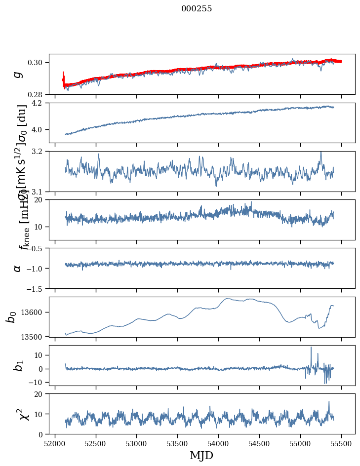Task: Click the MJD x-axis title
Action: (201, 455)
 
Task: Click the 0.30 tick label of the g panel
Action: (38, 62)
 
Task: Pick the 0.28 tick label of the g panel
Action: (38, 94)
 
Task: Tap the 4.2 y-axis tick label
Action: (40, 103)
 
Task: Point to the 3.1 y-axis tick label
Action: (40, 192)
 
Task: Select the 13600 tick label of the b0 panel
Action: (35, 312)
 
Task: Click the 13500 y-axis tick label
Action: (35, 337)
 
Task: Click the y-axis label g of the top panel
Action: (18, 74)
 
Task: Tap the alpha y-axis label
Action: (18, 268)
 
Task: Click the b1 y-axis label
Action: (18, 365)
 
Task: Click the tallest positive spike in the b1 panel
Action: (311, 348)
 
